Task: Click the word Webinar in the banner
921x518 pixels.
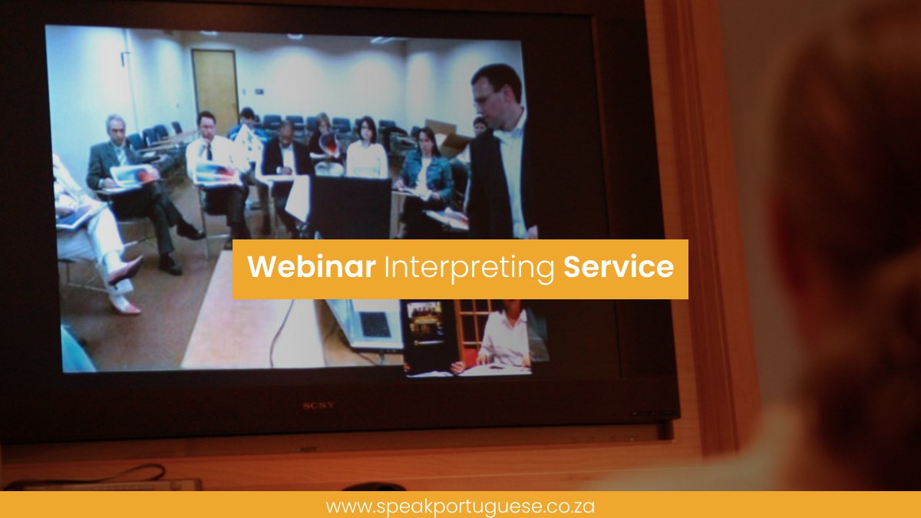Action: click(311, 267)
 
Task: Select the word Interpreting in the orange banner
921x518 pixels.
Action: click(469, 268)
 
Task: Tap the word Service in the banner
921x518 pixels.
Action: click(619, 267)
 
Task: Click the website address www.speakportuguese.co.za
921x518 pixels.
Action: click(460, 506)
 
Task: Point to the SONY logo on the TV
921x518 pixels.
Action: click(318, 404)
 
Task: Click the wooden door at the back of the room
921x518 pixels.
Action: click(216, 88)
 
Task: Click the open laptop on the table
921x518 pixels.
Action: click(367, 322)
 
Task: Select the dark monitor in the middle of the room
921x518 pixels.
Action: click(349, 207)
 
